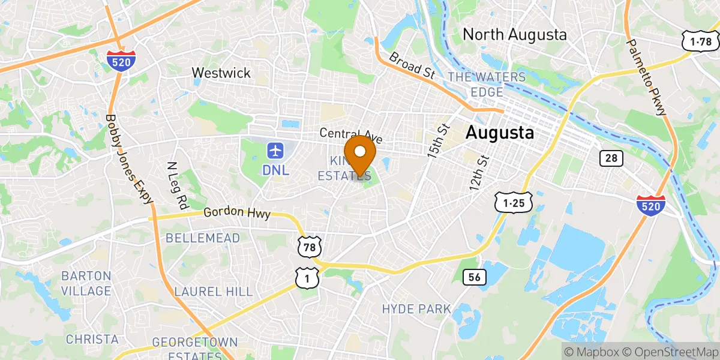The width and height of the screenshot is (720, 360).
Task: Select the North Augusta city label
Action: (515, 35)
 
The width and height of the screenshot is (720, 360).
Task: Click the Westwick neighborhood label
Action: (221, 73)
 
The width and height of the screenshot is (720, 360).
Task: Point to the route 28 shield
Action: (611, 158)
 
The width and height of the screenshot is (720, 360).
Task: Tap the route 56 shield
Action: (474, 277)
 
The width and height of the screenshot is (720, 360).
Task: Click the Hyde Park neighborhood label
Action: (416, 309)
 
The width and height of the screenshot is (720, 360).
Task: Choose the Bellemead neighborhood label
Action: (203, 238)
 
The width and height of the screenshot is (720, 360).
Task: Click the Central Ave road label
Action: (351, 133)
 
